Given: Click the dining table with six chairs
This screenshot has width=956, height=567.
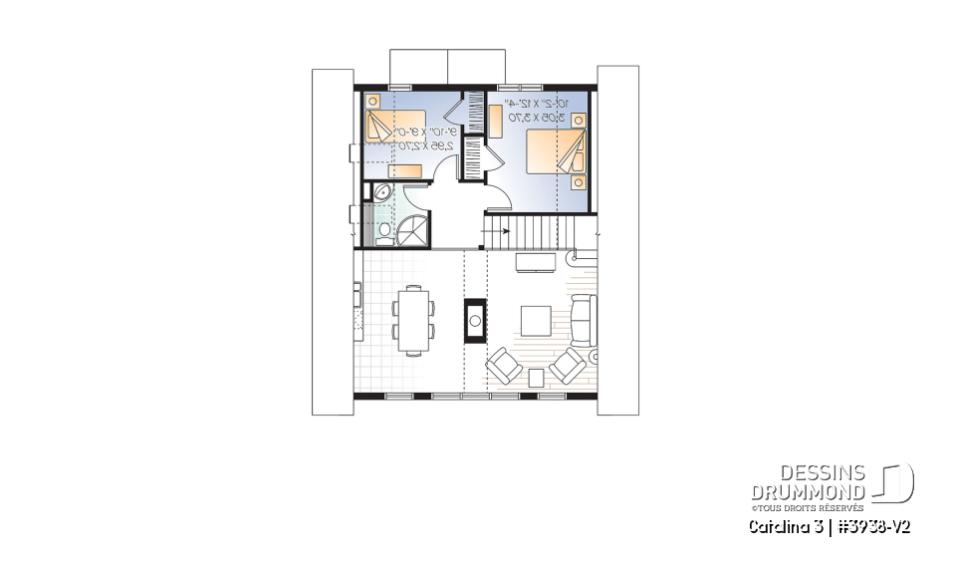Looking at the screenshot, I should coord(412,319).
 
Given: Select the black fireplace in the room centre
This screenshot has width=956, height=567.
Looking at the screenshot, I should coord(475,320).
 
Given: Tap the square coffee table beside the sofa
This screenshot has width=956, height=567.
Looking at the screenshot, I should coord(535,320).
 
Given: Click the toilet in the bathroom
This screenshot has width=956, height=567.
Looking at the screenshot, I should coord(384,231).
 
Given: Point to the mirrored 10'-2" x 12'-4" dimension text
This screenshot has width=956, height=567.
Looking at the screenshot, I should coord(536,110).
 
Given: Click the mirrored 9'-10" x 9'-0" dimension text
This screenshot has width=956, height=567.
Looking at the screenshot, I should coord(426,138).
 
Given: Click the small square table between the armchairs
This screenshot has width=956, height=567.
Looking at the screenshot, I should coord(536,376).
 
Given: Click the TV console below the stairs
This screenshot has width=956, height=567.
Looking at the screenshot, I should coord(536,261).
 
